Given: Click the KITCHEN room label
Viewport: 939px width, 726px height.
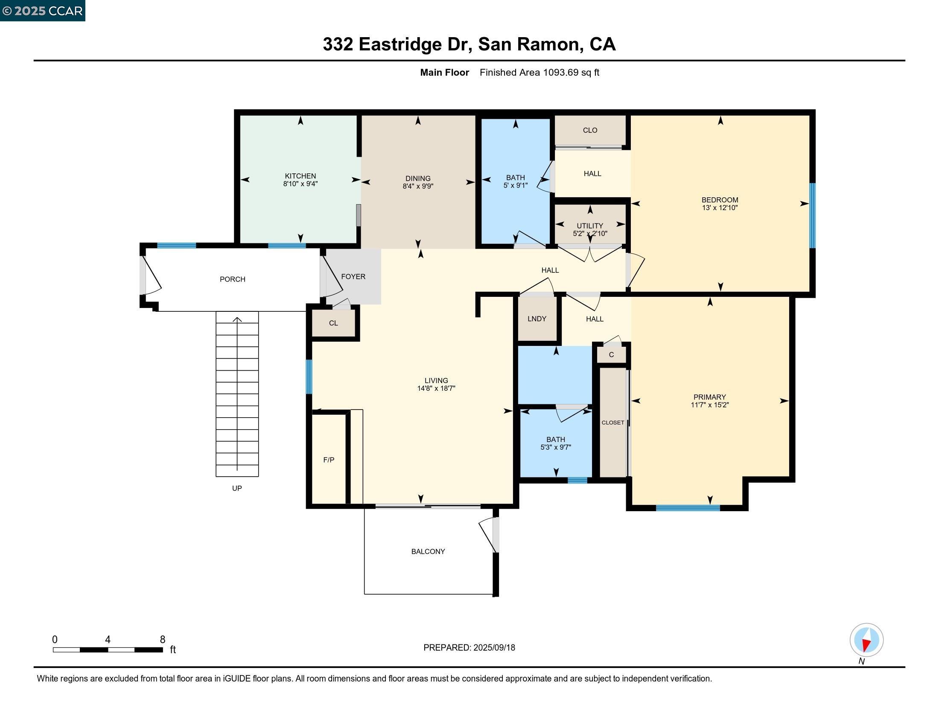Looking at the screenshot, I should click(300, 176).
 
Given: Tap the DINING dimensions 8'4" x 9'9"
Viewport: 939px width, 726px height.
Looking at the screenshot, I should click(417, 186).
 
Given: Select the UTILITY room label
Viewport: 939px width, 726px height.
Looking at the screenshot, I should click(589, 226).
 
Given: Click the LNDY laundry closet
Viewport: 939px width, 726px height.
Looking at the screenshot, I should click(537, 319).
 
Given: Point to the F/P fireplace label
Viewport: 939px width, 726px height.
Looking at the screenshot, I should click(329, 460).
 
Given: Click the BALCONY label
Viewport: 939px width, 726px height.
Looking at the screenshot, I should click(428, 551).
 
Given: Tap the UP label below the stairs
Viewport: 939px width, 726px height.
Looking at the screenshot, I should click(237, 488).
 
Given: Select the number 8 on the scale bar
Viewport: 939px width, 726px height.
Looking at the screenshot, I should click(163, 640).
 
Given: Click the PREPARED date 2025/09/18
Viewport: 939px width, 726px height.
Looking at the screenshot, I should click(493, 648).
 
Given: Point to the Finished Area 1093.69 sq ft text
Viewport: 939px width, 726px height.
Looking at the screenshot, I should click(539, 73).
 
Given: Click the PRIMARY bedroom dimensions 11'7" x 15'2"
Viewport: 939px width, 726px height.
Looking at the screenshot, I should click(709, 405).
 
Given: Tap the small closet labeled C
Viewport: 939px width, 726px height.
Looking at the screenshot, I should click(611, 355).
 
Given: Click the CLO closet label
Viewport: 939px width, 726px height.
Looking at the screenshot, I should click(590, 130).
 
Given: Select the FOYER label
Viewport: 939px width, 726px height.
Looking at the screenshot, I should click(353, 277).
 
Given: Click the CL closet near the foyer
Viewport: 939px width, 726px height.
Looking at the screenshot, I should click(333, 323).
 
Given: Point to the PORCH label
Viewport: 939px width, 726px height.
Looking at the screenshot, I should click(232, 279).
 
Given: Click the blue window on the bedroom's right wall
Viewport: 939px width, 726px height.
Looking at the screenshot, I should click(812, 216).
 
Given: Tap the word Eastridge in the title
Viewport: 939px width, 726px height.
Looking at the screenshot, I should click(400, 44).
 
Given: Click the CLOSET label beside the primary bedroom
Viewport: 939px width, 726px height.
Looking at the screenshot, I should click(612, 423).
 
